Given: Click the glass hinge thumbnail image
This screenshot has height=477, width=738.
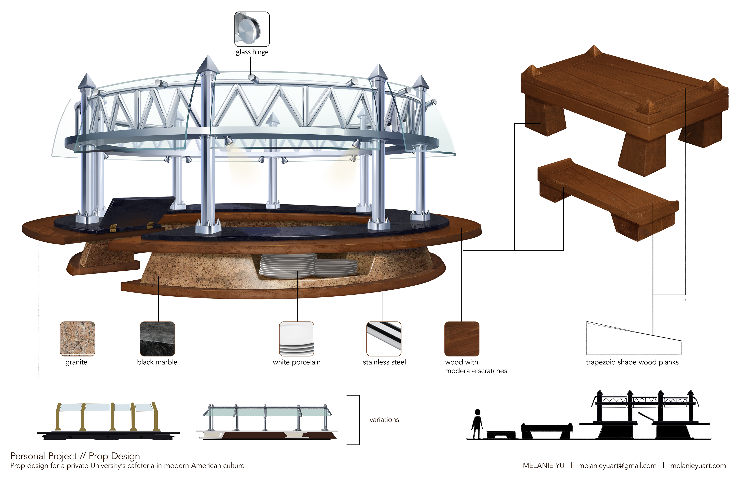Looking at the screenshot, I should point(252,29).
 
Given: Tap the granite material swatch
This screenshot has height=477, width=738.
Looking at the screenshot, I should point(77,339).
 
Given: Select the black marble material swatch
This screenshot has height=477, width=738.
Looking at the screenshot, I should point(157,339).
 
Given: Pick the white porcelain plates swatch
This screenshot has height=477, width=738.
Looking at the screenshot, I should point(296,339).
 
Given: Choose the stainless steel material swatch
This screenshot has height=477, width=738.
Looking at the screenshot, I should point(384,339).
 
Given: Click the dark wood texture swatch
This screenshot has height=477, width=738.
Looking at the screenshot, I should point(462,339).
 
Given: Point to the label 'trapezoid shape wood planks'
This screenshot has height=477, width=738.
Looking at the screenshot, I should point(632,362).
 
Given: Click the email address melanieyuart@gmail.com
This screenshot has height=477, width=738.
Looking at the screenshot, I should point(617,465).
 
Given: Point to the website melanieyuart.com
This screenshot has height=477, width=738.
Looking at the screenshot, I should point(698,465).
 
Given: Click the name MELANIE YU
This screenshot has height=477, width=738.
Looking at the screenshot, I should point(543,465).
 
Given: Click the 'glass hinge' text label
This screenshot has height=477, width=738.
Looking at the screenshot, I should point(252,52).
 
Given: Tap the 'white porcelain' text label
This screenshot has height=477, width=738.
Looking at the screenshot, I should point(296,362).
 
